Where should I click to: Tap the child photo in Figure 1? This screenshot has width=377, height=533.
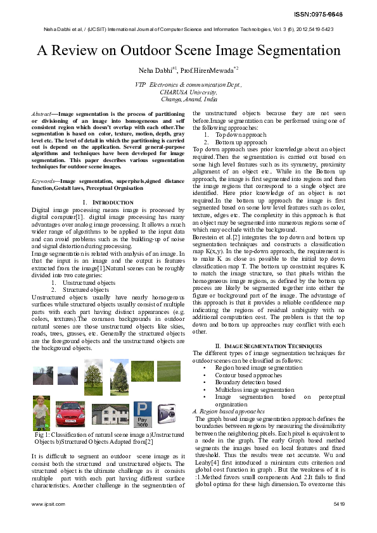(41, 412)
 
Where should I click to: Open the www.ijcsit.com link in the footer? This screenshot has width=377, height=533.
(48, 505)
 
